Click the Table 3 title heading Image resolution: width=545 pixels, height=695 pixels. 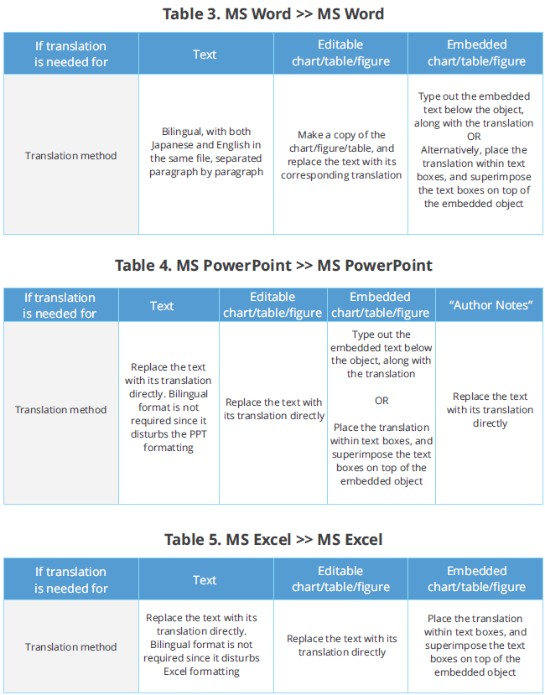(x=273, y=13)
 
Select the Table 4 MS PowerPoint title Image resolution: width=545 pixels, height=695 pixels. (x=273, y=266)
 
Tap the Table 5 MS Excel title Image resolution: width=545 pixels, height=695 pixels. (x=273, y=539)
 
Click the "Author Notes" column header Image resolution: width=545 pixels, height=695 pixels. (x=490, y=305)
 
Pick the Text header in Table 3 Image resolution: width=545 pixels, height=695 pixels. (x=205, y=54)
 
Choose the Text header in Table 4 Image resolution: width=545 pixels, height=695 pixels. (x=162, y=306)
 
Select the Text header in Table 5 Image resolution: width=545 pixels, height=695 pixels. (x=205, y=580)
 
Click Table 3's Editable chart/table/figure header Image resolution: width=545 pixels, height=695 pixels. (x=340, y=53)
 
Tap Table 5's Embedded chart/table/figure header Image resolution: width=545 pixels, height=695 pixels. (x=477, y=578)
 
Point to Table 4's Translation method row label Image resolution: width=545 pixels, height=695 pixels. (x=60, y=410)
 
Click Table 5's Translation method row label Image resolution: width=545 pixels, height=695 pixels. (x=71, y=646)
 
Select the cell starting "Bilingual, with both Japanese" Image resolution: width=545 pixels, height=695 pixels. (x=206, y=152)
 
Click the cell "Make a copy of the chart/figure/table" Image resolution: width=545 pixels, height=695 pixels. (x=341, y=155)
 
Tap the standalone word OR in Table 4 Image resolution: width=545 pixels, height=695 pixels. (x=381, y=401)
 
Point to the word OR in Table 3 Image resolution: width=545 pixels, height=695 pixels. (x=474, y=137)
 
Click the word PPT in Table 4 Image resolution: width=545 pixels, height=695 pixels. (x=197, y=434)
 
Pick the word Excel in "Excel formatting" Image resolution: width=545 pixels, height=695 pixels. (x=175, y=672)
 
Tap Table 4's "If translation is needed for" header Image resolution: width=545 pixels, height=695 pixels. (x=60, y=305)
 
